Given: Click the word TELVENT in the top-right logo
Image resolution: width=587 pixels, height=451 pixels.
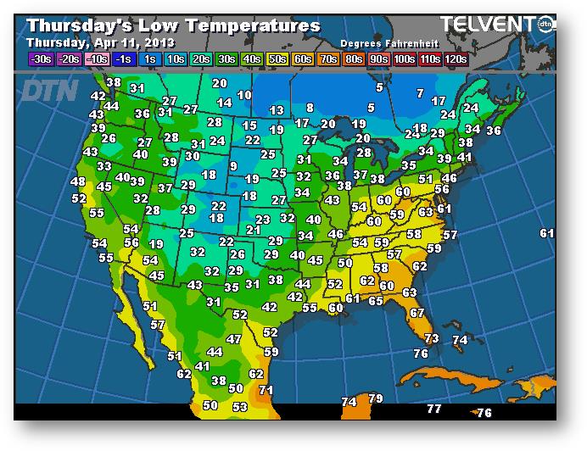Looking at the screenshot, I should pyautogui.click(x=485, y=25).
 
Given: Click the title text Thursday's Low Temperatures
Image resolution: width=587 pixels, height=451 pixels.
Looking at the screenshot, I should pyautogui.click(x=174, y=25).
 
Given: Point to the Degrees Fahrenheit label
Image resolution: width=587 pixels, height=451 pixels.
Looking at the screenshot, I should pyautogui.click(x=387, y=42).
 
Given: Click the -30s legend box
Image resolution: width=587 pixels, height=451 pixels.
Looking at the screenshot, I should pyautogui.click(x=40, y=58).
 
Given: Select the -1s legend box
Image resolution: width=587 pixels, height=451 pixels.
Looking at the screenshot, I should pyautogui.click(x=122, y=58).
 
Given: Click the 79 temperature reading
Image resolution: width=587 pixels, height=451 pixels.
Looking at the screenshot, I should pyautogui.click(x=376, y=398).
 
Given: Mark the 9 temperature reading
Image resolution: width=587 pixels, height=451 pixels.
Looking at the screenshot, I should pyautogui.click(x=233, y=166).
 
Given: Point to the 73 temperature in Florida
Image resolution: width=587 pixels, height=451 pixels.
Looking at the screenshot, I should pyautogui.click(x=432, y=338).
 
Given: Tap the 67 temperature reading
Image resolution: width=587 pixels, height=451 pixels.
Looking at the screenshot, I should pyautogui.click(x=416, y=313).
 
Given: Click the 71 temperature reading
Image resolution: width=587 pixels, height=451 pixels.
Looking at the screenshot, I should pyautogui.click(x=266, y=390).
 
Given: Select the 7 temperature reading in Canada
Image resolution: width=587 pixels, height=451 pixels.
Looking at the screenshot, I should pyautogui.click(x=419, y=92).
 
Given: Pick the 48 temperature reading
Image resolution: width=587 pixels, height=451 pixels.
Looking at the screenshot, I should pyautogui.click(x=78, y=181).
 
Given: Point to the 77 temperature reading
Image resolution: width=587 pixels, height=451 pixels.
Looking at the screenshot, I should pyautogui.click(x=433, y=409).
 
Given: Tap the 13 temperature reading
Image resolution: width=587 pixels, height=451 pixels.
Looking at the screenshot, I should pyautogui.click(x=277, y=110).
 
